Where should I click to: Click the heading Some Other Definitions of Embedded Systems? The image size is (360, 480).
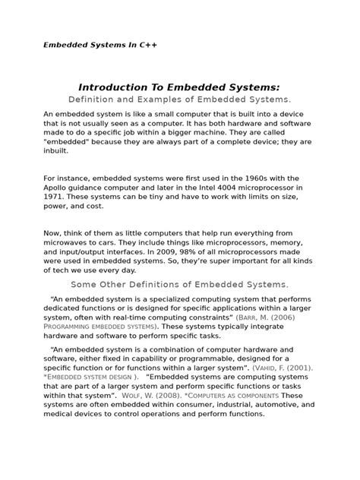(x=179, y=284)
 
